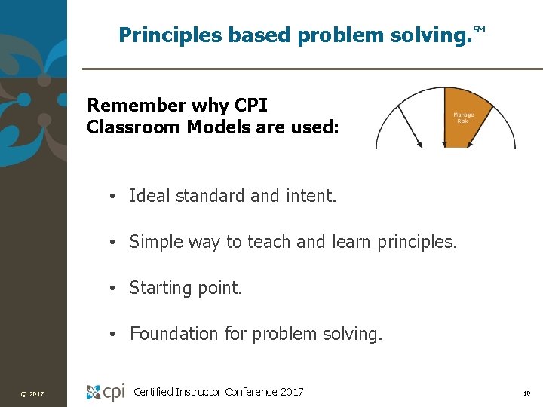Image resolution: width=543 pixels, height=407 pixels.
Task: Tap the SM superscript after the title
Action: pyautogui.click(x=479, y=30)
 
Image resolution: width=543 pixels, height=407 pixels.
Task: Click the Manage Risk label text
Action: pyautogui.click(x=463, y=118)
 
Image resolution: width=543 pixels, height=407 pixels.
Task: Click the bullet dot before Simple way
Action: pyautogui.click(x=110, y=243)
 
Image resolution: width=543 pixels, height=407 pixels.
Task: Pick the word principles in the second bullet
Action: pyautogui.click(x=419, y=242)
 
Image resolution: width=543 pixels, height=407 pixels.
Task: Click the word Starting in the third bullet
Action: pyautogui.click(x=159, y=288)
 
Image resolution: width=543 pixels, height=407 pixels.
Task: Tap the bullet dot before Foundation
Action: pyautogui.click(x=110, y=334)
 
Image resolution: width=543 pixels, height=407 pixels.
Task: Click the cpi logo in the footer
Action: pyautogui.click(x=106, y=392)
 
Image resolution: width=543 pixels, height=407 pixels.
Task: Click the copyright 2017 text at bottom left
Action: pyautogui.click(x=32, y=394)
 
